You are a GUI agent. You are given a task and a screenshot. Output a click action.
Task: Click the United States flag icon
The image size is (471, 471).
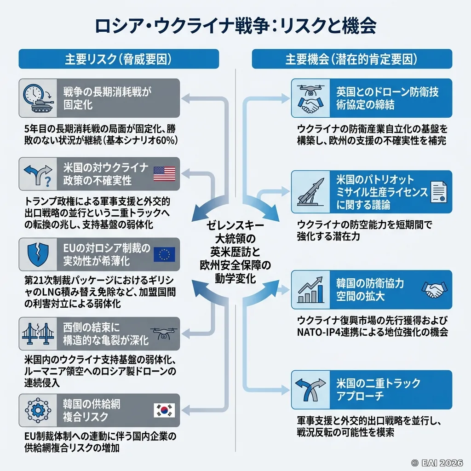[164, 174]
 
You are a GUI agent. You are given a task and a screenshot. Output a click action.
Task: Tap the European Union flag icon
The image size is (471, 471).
[164, 255]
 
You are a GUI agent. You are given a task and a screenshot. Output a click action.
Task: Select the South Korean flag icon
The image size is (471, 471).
[164, 410]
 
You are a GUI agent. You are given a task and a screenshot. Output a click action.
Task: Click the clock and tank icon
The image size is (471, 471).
[38, 98]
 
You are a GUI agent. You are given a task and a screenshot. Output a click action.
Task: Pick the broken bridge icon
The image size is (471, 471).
[38, 334]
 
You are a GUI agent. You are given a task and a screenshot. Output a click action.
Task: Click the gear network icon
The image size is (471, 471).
[38, 410]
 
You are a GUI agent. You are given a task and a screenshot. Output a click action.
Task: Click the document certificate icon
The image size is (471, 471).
[438, 192]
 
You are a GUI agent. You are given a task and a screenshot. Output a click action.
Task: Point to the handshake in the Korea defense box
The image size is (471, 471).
[434, 290]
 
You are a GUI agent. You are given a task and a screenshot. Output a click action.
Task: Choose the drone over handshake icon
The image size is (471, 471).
[310, 98]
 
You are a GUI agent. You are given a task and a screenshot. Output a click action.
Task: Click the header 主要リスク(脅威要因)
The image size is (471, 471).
[118, 59]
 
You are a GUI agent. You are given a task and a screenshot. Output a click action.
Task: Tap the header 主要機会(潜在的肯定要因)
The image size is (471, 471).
[351, 59]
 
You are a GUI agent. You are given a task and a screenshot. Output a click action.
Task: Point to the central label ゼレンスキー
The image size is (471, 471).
[235, 225]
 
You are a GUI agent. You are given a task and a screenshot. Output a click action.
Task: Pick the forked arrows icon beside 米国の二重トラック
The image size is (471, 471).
[310, 390]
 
